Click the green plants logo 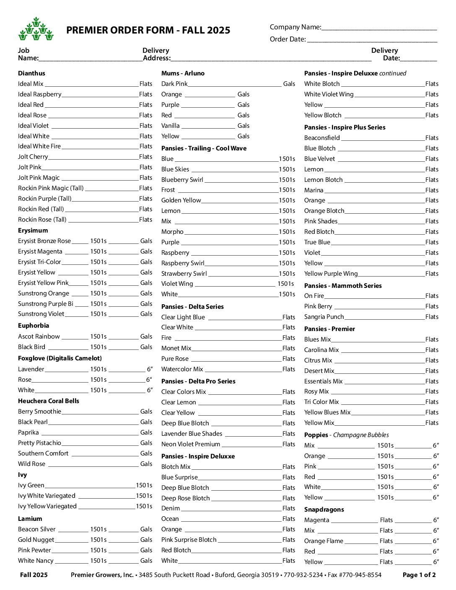(x=36, y=29)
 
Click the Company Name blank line (x=379, y=29)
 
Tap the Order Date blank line (x=372, y=41)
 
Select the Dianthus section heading (x=31, y=73)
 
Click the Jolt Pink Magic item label (x=39, y=178)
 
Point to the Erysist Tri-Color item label (x=39, y=262)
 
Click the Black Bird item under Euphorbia (x=31, y=347)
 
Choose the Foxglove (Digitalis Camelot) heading (x=60, y=358)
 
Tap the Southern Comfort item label (x=43, y=453)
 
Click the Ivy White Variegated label (x=47, y=496)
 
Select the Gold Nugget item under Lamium (x=36, y=540)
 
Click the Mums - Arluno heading (x=183, y=73)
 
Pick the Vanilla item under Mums (x=171, y=126)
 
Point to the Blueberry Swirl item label (x=182, y=180)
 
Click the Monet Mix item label (x=176, y=348)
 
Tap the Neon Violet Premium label (x=191, y=444)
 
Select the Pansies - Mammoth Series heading (x=343, y=286)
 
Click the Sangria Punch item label (x=324, y=317)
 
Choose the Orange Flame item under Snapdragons (x=324, y=541)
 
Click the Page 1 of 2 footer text (x=419, y=575)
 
